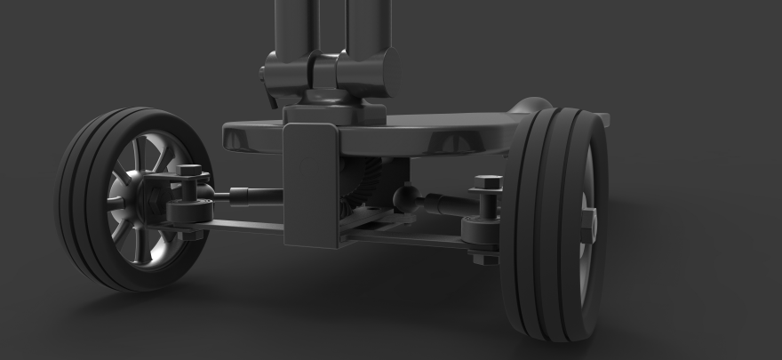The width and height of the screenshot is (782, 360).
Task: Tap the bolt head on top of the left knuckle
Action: click(x=189, y=169)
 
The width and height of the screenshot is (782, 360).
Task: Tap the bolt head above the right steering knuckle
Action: click(x=486, y=183)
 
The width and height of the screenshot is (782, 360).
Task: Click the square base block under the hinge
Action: click(x=333, y=112)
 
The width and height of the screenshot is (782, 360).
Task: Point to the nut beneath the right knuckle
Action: click(x=480, y=258)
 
